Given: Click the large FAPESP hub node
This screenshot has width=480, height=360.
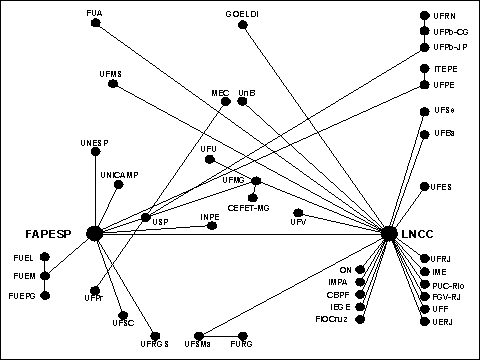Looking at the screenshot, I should pyautogui.click(x=95, y=233).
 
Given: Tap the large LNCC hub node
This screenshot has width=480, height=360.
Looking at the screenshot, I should pyautogui.click(x=389, y=233).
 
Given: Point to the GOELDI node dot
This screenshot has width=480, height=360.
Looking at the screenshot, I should pyautogui.click(x=243, y=25).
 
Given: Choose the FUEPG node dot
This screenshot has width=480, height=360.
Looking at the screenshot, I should pyautogui.click(x=44, y=296).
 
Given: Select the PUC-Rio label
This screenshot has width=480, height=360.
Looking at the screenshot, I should pyautogui.click(x=449, y=284).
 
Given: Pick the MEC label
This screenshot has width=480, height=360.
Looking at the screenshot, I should pyautogui.click(x=221, y=93).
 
